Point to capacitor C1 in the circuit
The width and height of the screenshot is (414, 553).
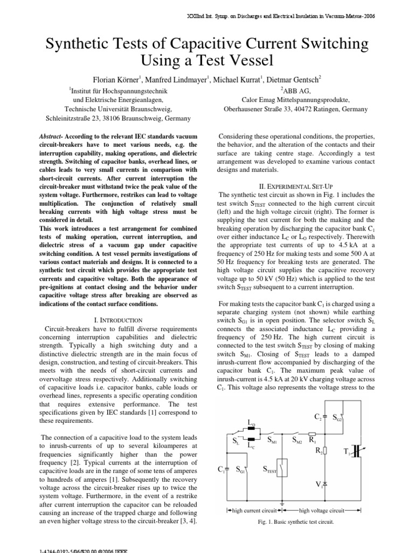tap(227, 468)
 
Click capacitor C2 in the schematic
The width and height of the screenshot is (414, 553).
tap(323, 417)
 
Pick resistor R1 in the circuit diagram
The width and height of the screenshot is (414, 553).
tap(313, 433)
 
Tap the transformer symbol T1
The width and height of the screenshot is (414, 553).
tap(357, 452)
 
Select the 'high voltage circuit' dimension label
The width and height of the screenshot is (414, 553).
tap(321, 509)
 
